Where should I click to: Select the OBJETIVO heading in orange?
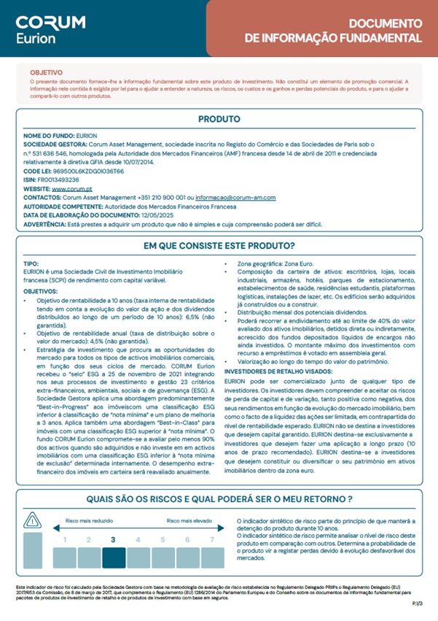click(45, 73)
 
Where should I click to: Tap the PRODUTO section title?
click(219, 119)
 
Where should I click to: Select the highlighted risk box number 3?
click(113, 540)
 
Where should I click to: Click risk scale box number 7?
click(212, 540)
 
